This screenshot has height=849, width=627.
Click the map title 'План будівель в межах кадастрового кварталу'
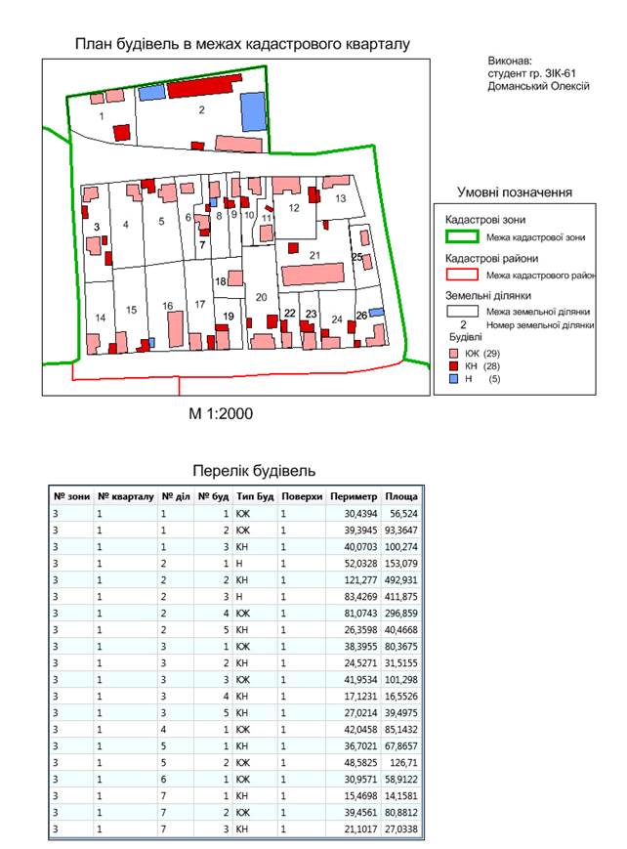coord(242,44)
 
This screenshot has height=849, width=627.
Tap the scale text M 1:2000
coord(221,413)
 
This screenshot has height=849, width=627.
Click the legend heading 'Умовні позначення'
coord(515,191)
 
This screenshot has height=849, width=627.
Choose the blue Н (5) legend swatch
coord(453,378)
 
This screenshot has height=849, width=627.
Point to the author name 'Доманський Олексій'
coord(537,86)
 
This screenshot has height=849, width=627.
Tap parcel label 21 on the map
coord(314,255)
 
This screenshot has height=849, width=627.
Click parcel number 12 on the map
coord(293,207)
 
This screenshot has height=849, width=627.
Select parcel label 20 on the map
coord(261,297)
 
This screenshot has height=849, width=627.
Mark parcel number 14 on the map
coord(100,318)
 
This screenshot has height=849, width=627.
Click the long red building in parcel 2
coord(203,89)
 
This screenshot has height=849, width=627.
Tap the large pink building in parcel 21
coord(313,274)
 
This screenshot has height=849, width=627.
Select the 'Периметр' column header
coord(354,496)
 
